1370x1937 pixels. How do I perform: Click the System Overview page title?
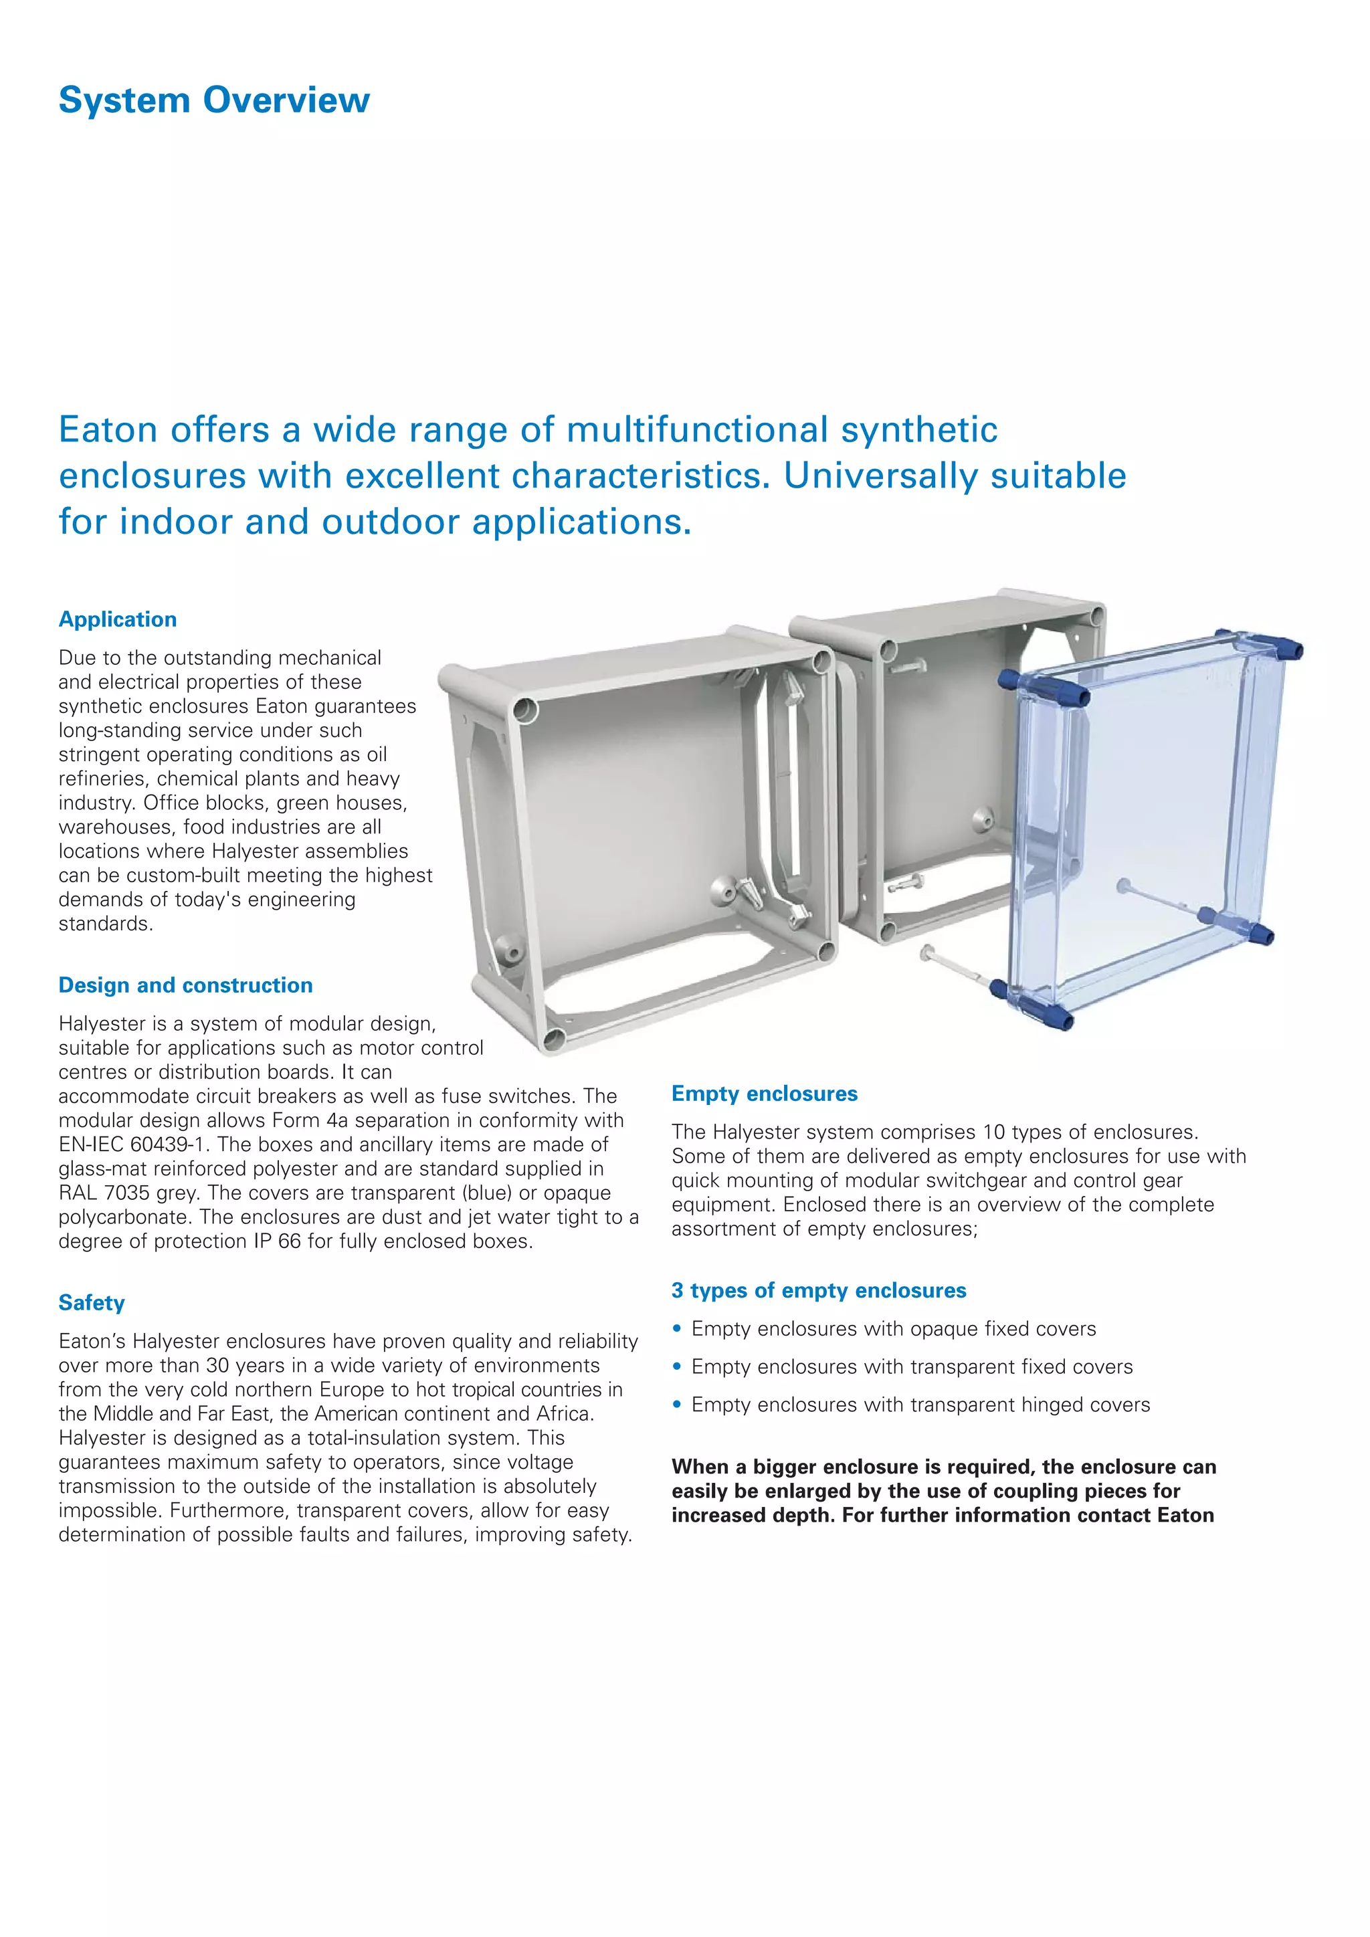click(x=213, y=100)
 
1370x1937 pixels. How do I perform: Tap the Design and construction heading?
click(x=185, y=985)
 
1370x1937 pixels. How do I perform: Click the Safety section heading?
click(x=91, y=1302)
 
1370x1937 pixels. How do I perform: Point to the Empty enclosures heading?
click(x=765, y=1094)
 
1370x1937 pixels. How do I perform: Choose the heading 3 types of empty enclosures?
click(x=818, y=1290)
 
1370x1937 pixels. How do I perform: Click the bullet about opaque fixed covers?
click(x=893, y=1329)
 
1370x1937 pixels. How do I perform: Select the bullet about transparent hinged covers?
click(x=920, y=1405)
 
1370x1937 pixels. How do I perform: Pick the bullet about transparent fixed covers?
click(x=912, y=1366)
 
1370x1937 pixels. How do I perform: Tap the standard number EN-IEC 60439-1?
click(x=133, y=1145)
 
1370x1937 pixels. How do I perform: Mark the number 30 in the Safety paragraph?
click(x=217, y=1366)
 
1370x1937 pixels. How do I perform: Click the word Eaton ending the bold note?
click(x=1185, y=1515)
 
